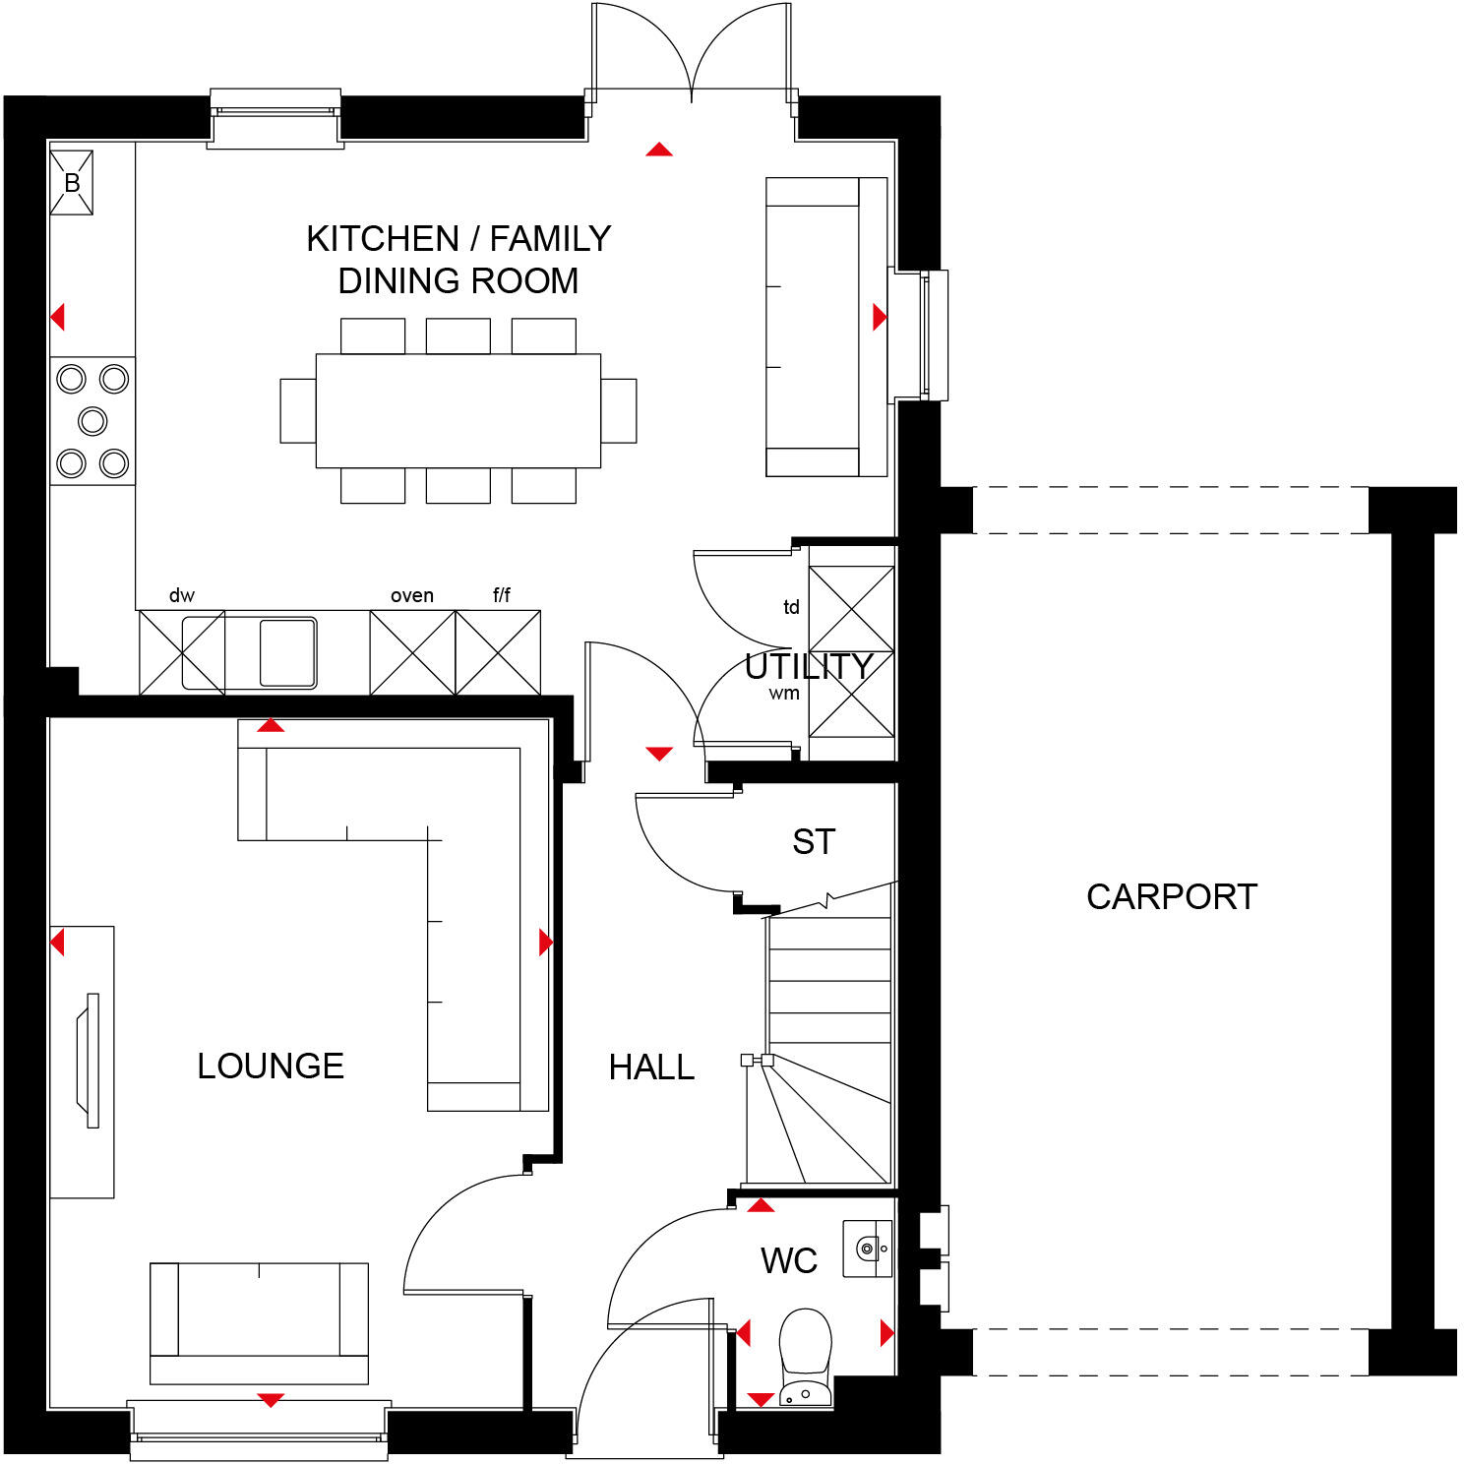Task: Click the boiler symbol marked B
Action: pyautogui.click(x=72, y=183)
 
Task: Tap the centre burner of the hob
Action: pyautogui.click(x=92, y=421)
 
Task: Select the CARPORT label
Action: pyautogui.click(x=1171, y=896)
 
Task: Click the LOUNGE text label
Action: pyautogui.click(x=271, y=1066)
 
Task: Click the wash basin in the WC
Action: pyautogui.click(x=868, y=1250)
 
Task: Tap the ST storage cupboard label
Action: pyautogui.click(x=814, y=842)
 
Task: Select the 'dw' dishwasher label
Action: pyautogui.click(x=182, y=595)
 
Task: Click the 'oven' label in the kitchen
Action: pyautogui.click(x=411, y=595)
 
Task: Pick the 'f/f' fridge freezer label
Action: pyautogui.click(x=501, y=595)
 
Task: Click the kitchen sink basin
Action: pyautogui.click(x=287, y=651)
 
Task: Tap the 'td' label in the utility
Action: pyautogui.click(x=791, y=607)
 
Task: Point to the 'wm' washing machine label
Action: pyautogui.click(x=784, y=693)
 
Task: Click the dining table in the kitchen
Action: pyautogui.click(x=457, y=410)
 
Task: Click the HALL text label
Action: pyautogui.click(x=651, y=1067)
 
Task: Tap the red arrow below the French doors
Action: pyautogui.click(x=659, y=150)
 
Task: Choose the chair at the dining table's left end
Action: pyautogui.click(x=297, y=410)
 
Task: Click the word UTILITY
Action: pyautogui.click(x=809, y=667)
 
